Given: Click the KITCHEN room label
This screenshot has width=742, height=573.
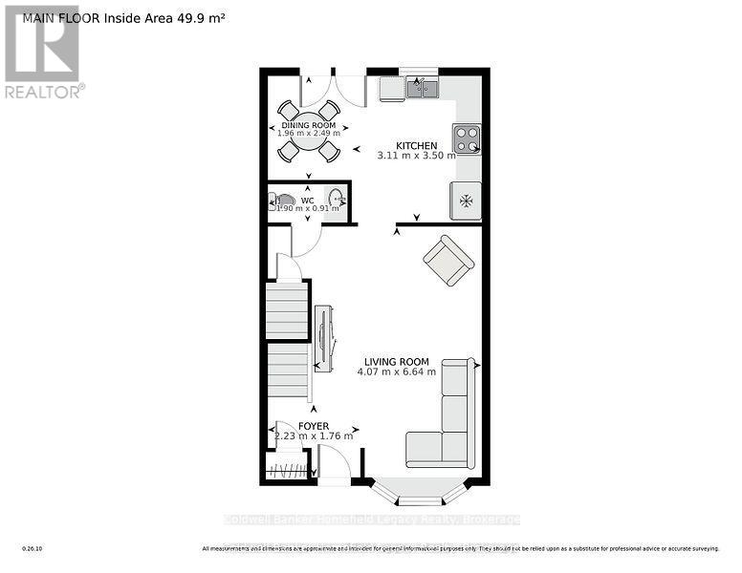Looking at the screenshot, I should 417,144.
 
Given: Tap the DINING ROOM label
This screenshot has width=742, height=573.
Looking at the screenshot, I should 308,125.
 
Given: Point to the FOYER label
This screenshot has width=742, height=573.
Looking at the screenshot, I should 313,426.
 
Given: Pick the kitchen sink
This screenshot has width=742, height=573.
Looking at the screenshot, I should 421,90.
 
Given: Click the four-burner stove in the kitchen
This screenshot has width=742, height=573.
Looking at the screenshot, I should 467,139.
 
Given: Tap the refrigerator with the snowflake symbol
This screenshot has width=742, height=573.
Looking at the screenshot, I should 467,201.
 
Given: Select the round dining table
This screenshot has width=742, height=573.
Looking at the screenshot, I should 309,131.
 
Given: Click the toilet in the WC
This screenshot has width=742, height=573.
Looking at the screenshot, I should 285,202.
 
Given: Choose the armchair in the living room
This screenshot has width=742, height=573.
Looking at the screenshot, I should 448,261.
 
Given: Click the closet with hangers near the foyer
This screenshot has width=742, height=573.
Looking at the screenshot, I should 289,470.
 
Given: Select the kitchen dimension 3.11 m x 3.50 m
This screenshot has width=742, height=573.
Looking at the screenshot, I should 417,155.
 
